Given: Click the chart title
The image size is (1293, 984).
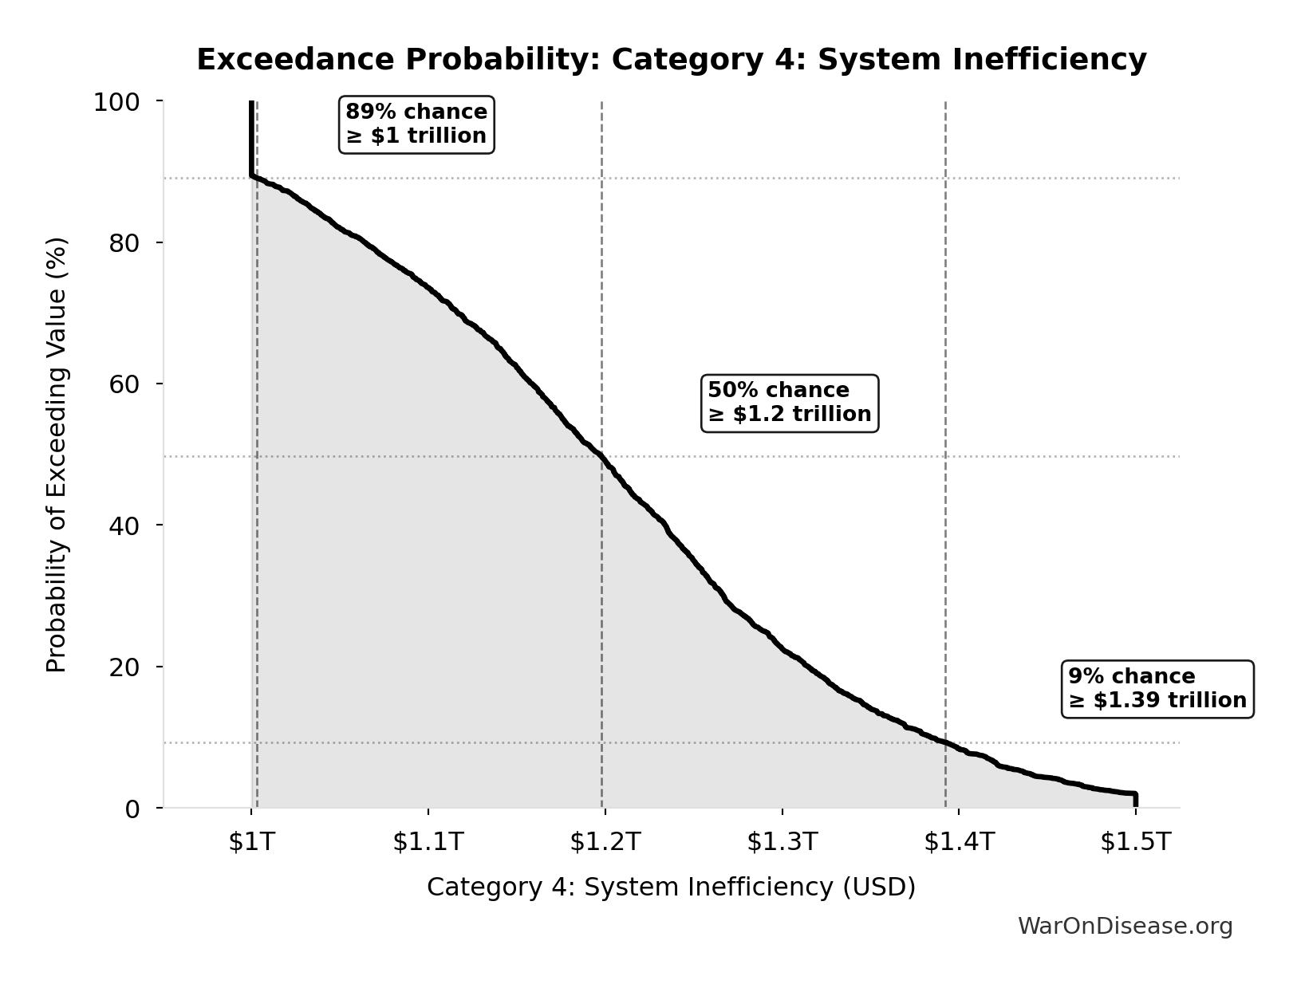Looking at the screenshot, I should tap(671, 60).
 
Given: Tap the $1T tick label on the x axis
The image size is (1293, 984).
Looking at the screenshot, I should tap(251, 841).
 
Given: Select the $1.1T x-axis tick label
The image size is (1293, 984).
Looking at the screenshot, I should tap(428, 841).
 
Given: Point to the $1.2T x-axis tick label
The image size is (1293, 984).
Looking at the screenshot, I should tap(605, 841).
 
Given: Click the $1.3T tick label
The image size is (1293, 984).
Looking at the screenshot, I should tap(783, 841).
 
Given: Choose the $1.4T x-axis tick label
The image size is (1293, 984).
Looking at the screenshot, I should tap(959, 841).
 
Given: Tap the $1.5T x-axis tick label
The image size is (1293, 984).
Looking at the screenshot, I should tap(1136, 841).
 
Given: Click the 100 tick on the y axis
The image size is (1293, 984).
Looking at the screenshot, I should tap(116, 102).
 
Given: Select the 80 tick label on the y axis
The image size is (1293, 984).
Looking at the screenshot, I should tap(124, 242).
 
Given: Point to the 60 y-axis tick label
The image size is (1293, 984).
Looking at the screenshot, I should tap(124, 384).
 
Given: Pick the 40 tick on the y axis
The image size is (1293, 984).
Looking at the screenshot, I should tap(124, 525).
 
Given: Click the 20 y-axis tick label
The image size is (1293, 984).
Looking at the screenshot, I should tap(124, 667).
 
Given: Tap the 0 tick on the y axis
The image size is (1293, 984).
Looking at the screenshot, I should tap(132, 809).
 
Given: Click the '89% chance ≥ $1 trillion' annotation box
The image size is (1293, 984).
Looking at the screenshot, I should tap(416, 124).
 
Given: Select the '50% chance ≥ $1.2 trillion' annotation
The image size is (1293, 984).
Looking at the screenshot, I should tap(789, 403).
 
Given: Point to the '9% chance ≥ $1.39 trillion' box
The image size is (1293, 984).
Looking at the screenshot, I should tap(1157, 689).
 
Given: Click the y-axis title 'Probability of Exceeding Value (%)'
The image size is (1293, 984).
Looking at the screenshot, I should tap(56, 455).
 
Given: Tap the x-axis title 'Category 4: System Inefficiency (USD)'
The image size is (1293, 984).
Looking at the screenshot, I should tap(671, 887).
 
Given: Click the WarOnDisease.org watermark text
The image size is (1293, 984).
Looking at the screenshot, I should tap(1125, 926).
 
